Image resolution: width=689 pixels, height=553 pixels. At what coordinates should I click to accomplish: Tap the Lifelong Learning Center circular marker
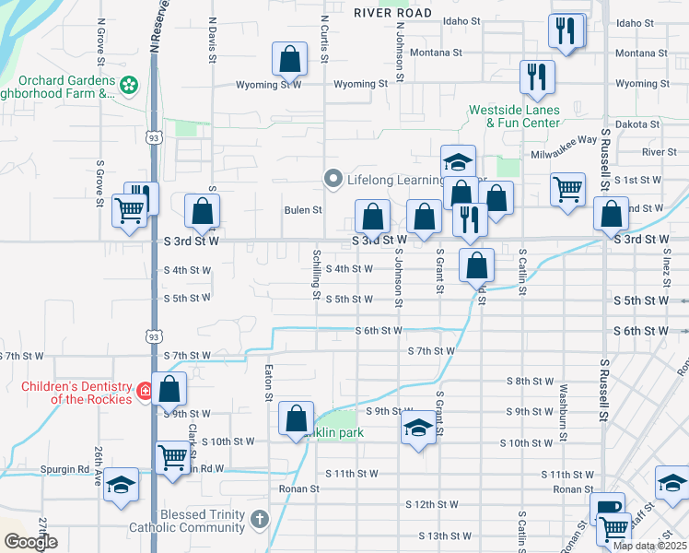(333, 179)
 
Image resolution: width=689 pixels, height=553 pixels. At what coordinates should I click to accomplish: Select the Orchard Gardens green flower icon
(129, 85)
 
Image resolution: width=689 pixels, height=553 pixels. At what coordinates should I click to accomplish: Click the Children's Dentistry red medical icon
(145, 392)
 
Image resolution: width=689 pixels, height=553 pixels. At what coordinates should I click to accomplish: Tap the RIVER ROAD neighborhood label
(392, 12)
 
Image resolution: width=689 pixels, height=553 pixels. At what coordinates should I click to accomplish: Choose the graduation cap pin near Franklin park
(417, 429)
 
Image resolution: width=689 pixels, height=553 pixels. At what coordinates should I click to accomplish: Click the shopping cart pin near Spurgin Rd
(171, 456)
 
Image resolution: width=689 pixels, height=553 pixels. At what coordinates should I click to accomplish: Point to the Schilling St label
(316, 275)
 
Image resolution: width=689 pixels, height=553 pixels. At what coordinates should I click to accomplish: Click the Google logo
(30, 542)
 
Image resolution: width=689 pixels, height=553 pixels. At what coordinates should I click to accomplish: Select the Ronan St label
(300, 488)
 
